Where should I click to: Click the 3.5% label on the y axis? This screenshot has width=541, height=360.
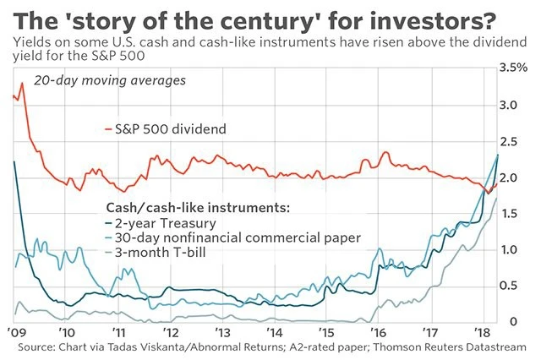514,67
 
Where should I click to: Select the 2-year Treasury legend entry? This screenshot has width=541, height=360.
158,223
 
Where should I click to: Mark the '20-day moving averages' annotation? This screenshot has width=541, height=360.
100,81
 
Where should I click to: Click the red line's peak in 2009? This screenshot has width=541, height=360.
22,84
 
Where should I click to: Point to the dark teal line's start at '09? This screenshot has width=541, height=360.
15,161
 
